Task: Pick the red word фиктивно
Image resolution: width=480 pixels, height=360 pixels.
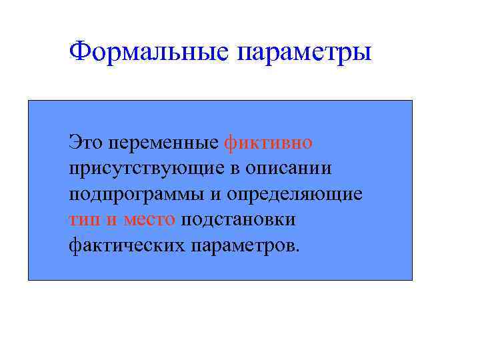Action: [269, 143]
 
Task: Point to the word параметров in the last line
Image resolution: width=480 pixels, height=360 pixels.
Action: [241, 247]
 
